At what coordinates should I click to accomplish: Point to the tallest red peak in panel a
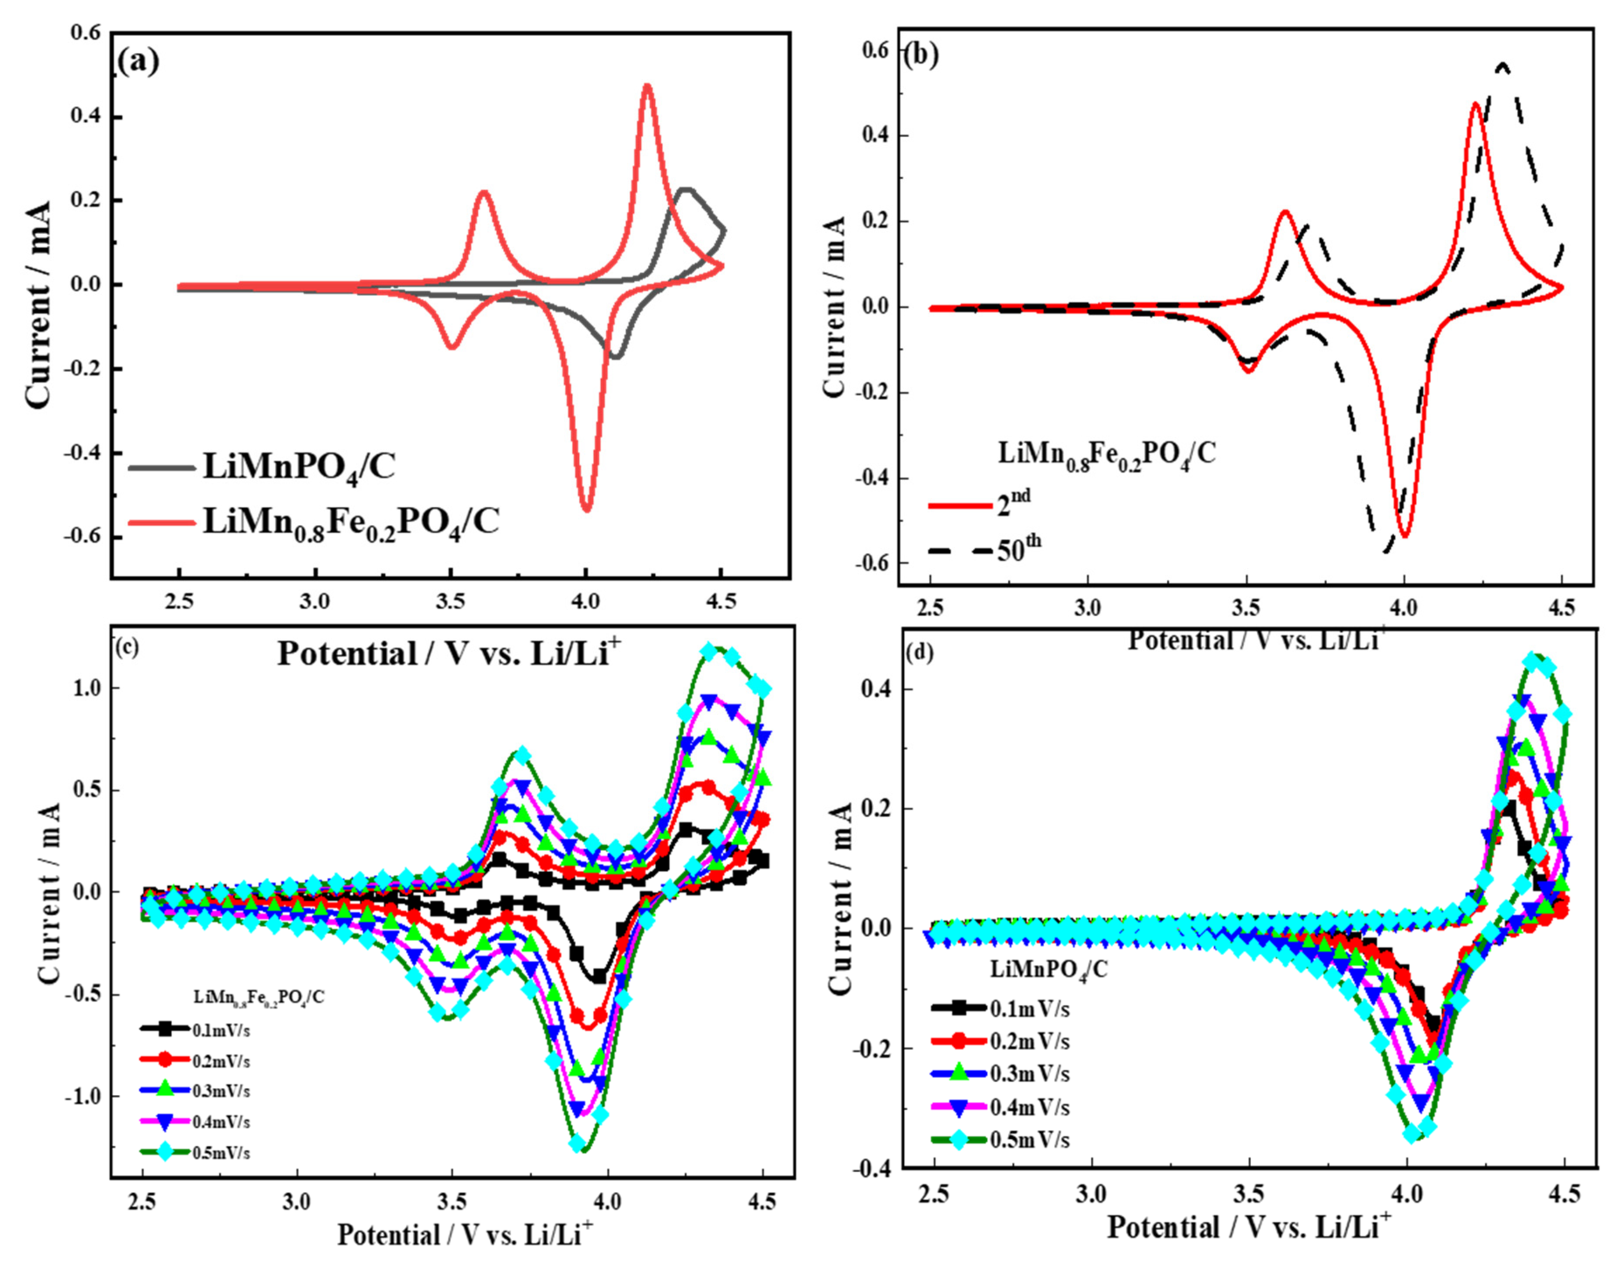[x=647, y=86]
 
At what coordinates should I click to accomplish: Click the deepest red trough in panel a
[x=587, y=509]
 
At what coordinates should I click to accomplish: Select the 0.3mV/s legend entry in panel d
[x=1000, y=1074]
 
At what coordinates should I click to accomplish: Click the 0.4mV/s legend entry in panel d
[x=1000, y=1107]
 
